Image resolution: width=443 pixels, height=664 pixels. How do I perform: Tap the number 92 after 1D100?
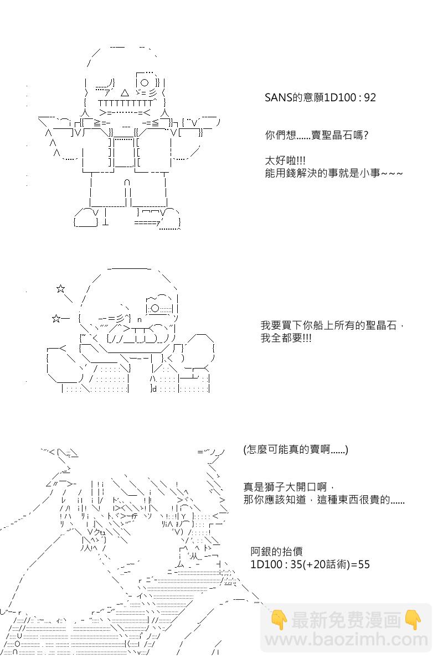(x=370, y=97)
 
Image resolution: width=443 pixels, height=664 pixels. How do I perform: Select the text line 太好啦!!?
(x=285, y=161)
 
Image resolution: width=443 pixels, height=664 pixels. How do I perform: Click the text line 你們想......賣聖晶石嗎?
(x=317, y=136)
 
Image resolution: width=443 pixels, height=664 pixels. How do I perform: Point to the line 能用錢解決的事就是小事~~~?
(x=334, y=173)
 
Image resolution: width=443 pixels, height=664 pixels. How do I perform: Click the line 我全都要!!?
(x=286, y=338)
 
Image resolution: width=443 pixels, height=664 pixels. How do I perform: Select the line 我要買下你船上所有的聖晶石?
(x=328, y=325)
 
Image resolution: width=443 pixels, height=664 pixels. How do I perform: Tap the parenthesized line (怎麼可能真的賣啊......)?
(x=296, y=450)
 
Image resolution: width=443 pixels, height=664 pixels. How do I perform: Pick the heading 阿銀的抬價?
(x=276, y=551)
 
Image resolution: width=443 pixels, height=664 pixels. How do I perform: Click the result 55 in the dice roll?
(x=364, y=564)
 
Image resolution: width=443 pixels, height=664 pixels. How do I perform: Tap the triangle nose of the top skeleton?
(x=125, y=93)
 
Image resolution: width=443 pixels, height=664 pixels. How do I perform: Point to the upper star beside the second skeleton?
(x=60, y=289)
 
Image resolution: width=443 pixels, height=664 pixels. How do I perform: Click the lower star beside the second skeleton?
(x=56, y=319)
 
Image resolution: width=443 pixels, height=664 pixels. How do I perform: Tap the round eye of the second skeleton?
(x=155, y=308)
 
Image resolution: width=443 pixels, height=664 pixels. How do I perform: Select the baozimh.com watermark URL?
(x=346, y=640)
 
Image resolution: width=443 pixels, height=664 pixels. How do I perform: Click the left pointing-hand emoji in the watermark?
(x=279, y=620)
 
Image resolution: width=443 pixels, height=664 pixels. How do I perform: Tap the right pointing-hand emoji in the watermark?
(x=413, y=620)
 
